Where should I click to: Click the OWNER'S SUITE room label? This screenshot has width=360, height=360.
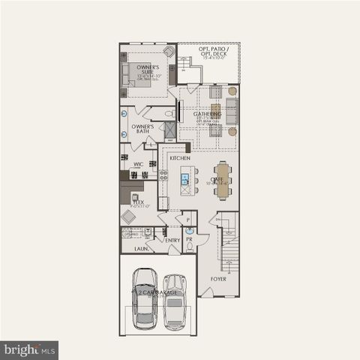pyautogui.click(x=146, y=70)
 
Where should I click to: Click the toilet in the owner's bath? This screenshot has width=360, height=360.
pyautogui.click(x=169, y=114)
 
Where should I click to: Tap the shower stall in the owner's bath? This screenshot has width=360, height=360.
pyautogui.click(x=170, y=129)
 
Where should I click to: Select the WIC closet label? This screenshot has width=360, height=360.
pyautogui.click(x=139, y=163)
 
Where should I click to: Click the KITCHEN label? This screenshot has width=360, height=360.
pyautogui.click(x=179, y=158)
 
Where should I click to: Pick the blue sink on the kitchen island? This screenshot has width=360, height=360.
pyautogui.click(x=184, y=179)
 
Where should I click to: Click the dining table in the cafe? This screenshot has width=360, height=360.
pyautogui.click(x=223, y=179)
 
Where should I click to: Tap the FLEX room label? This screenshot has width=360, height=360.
pyautogui.click(x=138, y=202)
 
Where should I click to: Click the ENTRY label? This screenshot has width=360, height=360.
pyautogui.click(x=172, y=240)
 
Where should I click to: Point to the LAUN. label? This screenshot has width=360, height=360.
pyautogui.click(x=141, y=247)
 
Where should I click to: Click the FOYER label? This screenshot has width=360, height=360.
pyautogui.click(x=218, y=278)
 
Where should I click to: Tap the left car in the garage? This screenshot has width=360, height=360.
pyautogui.click(x=145, y=298)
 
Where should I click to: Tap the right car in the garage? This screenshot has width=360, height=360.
pyautogui.click(x=175, y=301)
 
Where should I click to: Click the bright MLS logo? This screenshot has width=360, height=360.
pyautogui.click(x=29, y=349)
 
